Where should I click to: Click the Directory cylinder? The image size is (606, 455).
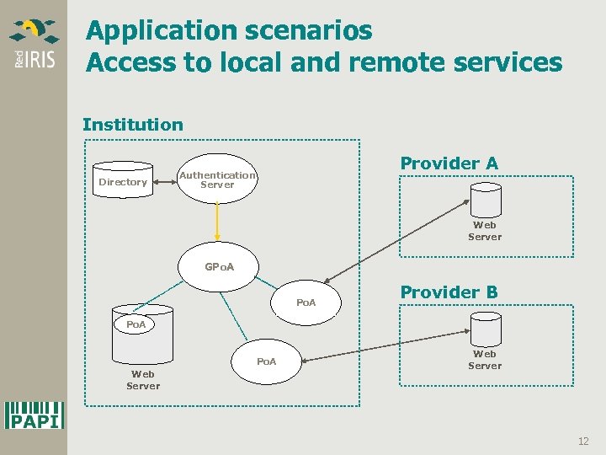click(x=123, y=180)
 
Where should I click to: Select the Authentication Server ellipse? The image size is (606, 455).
click(x=217, y=179)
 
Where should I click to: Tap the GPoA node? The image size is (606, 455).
click(x=219, y=267)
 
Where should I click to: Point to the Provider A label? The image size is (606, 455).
click(x=449, y=163)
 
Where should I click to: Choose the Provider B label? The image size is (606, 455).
click(x=449, y=292)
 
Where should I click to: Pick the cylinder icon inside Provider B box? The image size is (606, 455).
click(x=486, y=329)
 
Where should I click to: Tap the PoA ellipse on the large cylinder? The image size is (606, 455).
click(x=136, y=324)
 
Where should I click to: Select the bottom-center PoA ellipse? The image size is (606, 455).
click(x=266, y=361)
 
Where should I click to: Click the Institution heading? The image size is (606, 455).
click(x=132, y=125)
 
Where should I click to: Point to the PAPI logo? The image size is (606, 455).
click(x=35, y=415)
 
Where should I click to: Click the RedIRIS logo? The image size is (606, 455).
click(x=34, y=45)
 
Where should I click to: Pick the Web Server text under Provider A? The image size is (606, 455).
click(x=485, y=231)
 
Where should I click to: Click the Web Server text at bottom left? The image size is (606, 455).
click(x=143, y=380)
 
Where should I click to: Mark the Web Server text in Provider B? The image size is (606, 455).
click(x=485, y=360)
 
